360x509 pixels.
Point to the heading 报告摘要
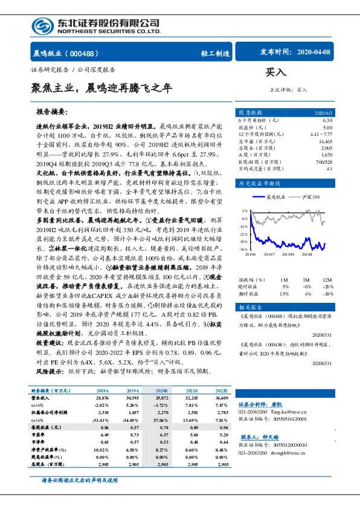51,112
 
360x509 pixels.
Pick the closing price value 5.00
327,128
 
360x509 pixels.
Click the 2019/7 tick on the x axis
270,254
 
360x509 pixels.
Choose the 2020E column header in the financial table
162,391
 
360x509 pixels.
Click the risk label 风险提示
51,371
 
